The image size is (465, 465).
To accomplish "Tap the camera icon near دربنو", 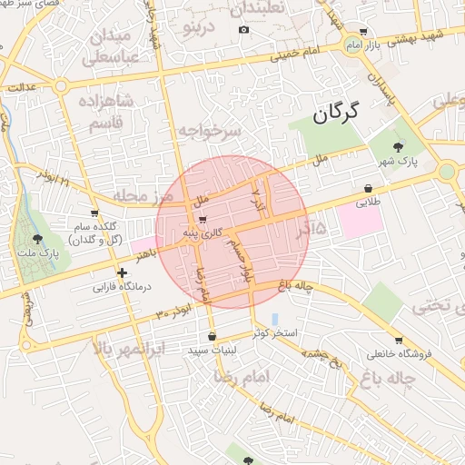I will [x=243, y=30].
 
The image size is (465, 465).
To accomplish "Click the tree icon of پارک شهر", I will [x=399, y=146].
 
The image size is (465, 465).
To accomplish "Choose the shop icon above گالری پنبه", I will [x=202, y=219].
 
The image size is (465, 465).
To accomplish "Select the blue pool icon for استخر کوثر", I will [x=274, y=320].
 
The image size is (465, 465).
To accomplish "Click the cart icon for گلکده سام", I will [x=94, y=213].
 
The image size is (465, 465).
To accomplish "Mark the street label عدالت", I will [x=21, y=87].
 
